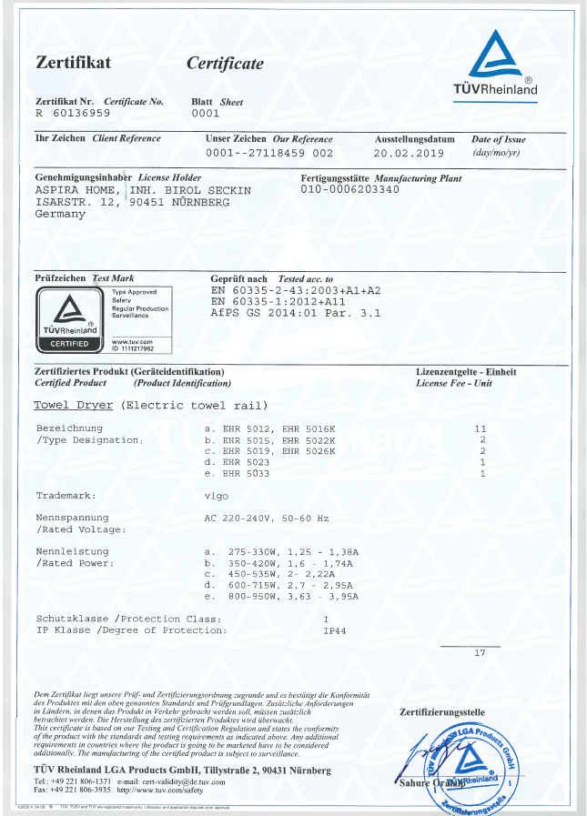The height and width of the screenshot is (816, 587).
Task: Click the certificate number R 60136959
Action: (72, 114)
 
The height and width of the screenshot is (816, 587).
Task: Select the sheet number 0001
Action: (206, 114)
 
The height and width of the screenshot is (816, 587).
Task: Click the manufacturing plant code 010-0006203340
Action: (350, 190)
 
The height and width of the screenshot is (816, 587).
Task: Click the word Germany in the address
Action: (60, 214)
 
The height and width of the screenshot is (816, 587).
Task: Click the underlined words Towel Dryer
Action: (74, 405)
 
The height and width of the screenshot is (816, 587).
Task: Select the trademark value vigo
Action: (217, 496)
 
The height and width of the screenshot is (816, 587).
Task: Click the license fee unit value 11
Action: (481, 428)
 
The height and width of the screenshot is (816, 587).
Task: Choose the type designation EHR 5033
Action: (246, 473)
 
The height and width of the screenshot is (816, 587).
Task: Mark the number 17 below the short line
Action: (481, 653)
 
